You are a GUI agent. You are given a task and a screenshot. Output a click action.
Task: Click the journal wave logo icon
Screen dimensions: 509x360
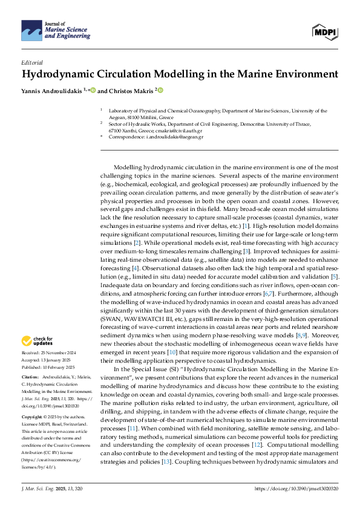[31, 29]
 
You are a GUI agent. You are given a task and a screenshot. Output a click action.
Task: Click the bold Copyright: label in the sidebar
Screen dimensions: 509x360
[32, 417]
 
